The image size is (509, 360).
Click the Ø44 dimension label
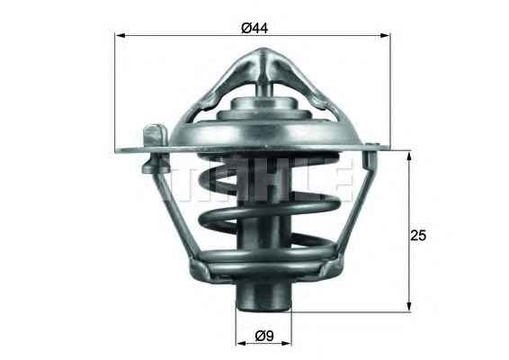pos(254,27)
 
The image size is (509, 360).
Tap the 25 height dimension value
pos(416,235)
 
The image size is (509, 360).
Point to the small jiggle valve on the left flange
pos(154,136)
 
